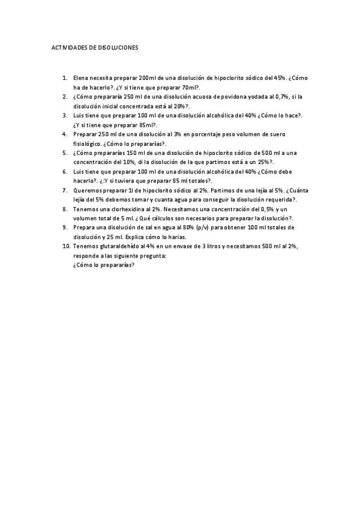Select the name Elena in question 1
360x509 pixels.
tap(81, 78)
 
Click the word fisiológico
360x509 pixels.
tap(88, 144)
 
